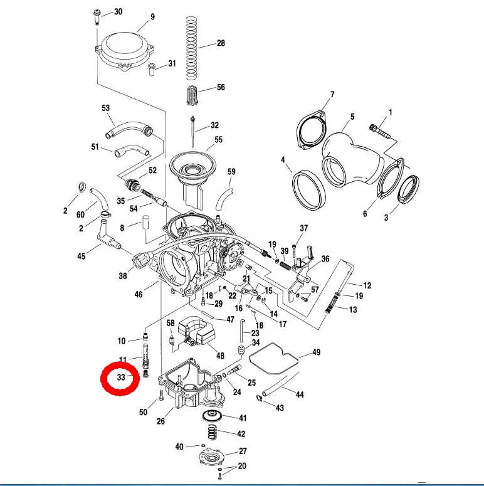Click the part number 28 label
(221, 44)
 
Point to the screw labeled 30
(98, 16)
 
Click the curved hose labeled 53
(129, 130)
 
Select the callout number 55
(218, 140)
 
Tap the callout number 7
(332, 95)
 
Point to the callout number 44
(300, 395)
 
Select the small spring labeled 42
(213, 433)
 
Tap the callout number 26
(160, 421)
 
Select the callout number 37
(304, 228)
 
